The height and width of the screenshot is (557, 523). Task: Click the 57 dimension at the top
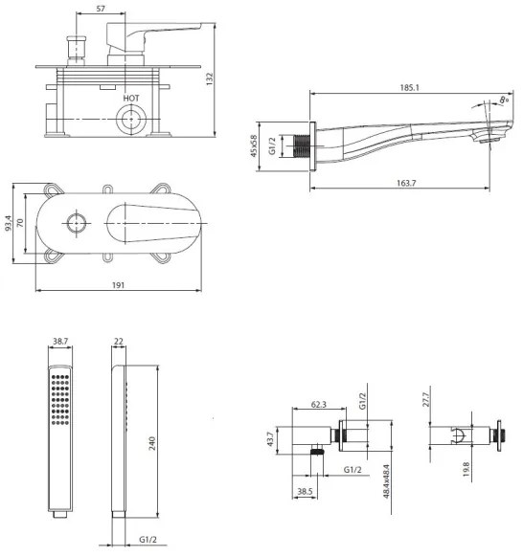101,9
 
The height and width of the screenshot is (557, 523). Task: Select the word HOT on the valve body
131,98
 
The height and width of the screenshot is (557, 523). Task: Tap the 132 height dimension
210,78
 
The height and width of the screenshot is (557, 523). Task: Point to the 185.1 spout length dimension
410,87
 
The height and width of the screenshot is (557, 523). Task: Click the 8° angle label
504,100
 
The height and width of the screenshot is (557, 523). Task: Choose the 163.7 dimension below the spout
406,183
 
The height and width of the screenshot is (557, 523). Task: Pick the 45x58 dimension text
254,145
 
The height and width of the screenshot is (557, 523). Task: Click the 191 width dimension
119,285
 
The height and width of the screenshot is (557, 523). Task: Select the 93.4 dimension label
9,223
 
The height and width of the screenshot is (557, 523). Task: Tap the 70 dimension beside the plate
20,223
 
